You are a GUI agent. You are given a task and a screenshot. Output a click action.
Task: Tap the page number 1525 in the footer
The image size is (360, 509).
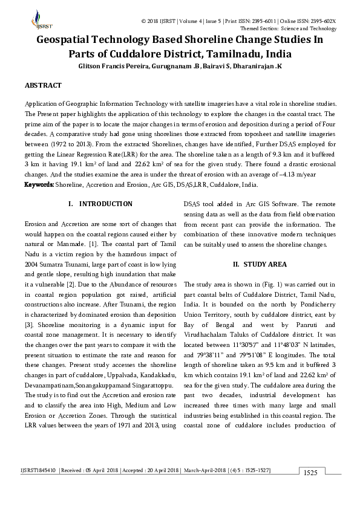click(x=311, y=472)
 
